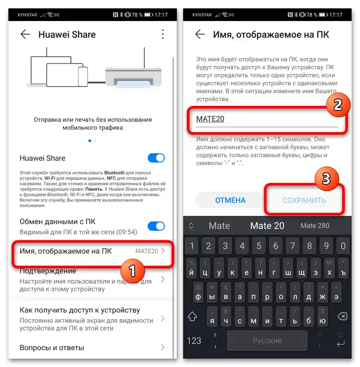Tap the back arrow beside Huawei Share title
pyautogui.click(x=25, y=35)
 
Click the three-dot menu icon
pyautogui.click(x=163, y=34)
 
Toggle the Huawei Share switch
pyautogui.click(x=156, y=158)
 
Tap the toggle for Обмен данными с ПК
pyautogui.click(x=156, y=226)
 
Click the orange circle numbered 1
pyautogui.click(x=132, y=271)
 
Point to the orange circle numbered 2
pyautogui.click(x=338, y=105)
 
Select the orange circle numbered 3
pyautogui.click(x=326, y=179)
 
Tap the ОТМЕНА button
pyautogui.click(x=230, y=200)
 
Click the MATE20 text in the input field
pyautogui.click(x=210, y=119)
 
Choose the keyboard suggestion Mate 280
pyautogui.click(x=315, y=225)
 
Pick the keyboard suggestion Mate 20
pyautogui.click(x=267, y=226)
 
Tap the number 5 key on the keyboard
pyautogui.click(x=259, y=246)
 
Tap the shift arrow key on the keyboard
pyautogui.click(x=192, y=317)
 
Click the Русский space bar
pyautogui.click(x=267, y=341)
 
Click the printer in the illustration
pyautogui.click(x=133, y=77)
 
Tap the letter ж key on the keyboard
pyautogui.click(x=323, y=293)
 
